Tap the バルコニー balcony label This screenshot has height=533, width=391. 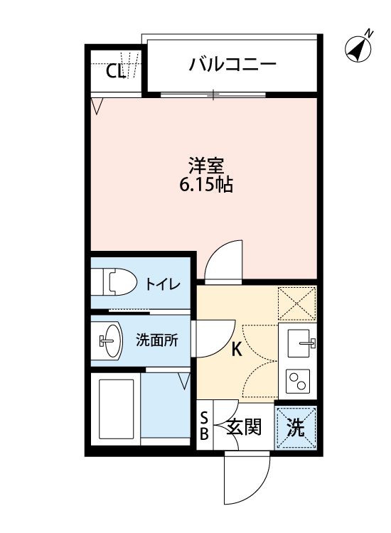(232, 65)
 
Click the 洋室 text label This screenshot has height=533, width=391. (206, 167)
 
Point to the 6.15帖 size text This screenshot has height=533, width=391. (206, 185)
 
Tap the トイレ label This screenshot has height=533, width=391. (162, 284)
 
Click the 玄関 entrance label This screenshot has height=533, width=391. (244, 427)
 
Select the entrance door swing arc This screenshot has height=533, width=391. (247, 478)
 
